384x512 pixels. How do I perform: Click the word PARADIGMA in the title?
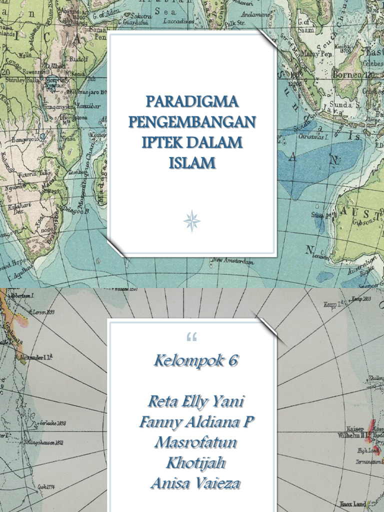coord(192,102)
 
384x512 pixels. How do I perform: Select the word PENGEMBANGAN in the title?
coord(192,122)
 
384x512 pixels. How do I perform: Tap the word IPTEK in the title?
coord(162,142)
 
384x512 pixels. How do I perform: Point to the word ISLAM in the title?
coord(192,162)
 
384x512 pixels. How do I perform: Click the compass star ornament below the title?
coord(192,220)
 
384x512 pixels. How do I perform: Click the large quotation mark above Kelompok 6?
coord(191,338)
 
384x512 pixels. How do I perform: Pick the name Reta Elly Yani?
coord(196,401)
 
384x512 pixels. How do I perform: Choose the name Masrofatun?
coord(195,442)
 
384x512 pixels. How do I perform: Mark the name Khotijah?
coord(195,463)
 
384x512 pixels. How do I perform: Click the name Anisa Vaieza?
coord(195,483)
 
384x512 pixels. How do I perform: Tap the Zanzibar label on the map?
coord(88,106)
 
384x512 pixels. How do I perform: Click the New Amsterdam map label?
coord(233,260)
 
